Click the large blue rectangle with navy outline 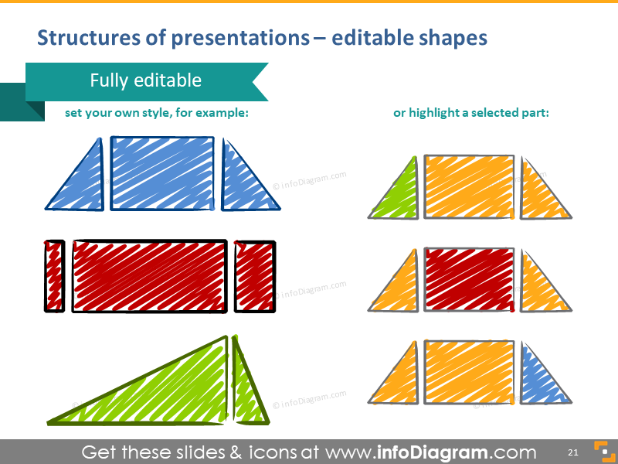[162, 173]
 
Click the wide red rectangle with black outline [150, 276]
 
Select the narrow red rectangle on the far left [54, 276]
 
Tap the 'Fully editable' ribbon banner [146, 81]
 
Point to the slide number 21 [573, 452]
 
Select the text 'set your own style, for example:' [157, 113]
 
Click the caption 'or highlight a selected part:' [471, 113]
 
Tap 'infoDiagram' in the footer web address [436, 452]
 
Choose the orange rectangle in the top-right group [469, 186]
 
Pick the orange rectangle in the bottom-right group [469, 372]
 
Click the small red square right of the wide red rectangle [255, 276]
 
